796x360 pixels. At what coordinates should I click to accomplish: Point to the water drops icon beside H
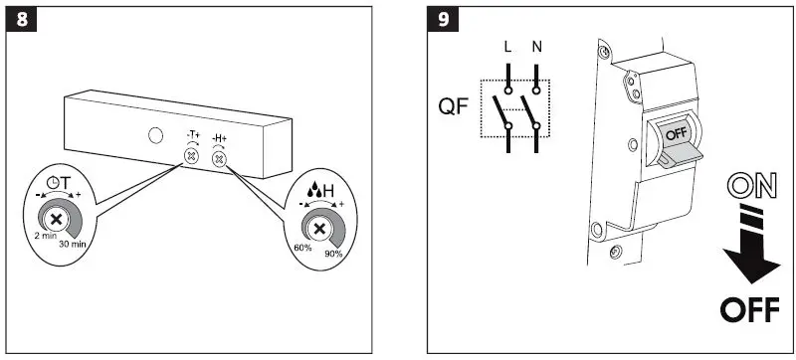[x=302, y=186]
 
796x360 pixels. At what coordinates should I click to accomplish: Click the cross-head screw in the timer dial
[x=58, y=220]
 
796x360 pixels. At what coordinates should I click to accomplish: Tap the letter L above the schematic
[x=507, y=48]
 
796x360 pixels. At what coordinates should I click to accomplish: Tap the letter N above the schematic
[x=536, y=48]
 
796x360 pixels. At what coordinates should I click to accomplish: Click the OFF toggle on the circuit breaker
[x=674, y=134]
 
